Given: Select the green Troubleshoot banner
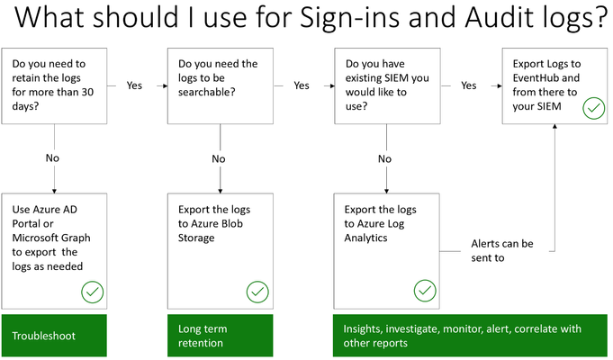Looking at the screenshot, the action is pos(54,336).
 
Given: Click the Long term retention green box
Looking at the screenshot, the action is pos(221,336).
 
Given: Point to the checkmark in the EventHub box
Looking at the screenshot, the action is pos(593,108).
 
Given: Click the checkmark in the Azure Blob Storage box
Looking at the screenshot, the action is pos(257,292).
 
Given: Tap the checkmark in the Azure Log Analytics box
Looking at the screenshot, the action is pos(425,291).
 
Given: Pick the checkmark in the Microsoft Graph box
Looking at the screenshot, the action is pos(92,292).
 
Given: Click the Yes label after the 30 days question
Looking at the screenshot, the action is pos(134,85).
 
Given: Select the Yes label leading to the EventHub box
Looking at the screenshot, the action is pos(468,85).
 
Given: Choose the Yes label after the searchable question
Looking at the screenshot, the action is pos(302,85).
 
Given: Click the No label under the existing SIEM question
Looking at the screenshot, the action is pos(384,158).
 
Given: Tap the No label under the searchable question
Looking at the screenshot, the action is pos(219,158).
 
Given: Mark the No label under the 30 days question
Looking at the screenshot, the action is pos(52,157).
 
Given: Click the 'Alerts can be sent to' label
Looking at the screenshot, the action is pos(502,250).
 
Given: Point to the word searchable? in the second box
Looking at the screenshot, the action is pos(207,92).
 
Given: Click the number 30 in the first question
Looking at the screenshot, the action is pos(87,92).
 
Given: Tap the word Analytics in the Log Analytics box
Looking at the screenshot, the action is pos(365,238).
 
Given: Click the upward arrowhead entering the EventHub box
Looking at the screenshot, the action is pos(554,126).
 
